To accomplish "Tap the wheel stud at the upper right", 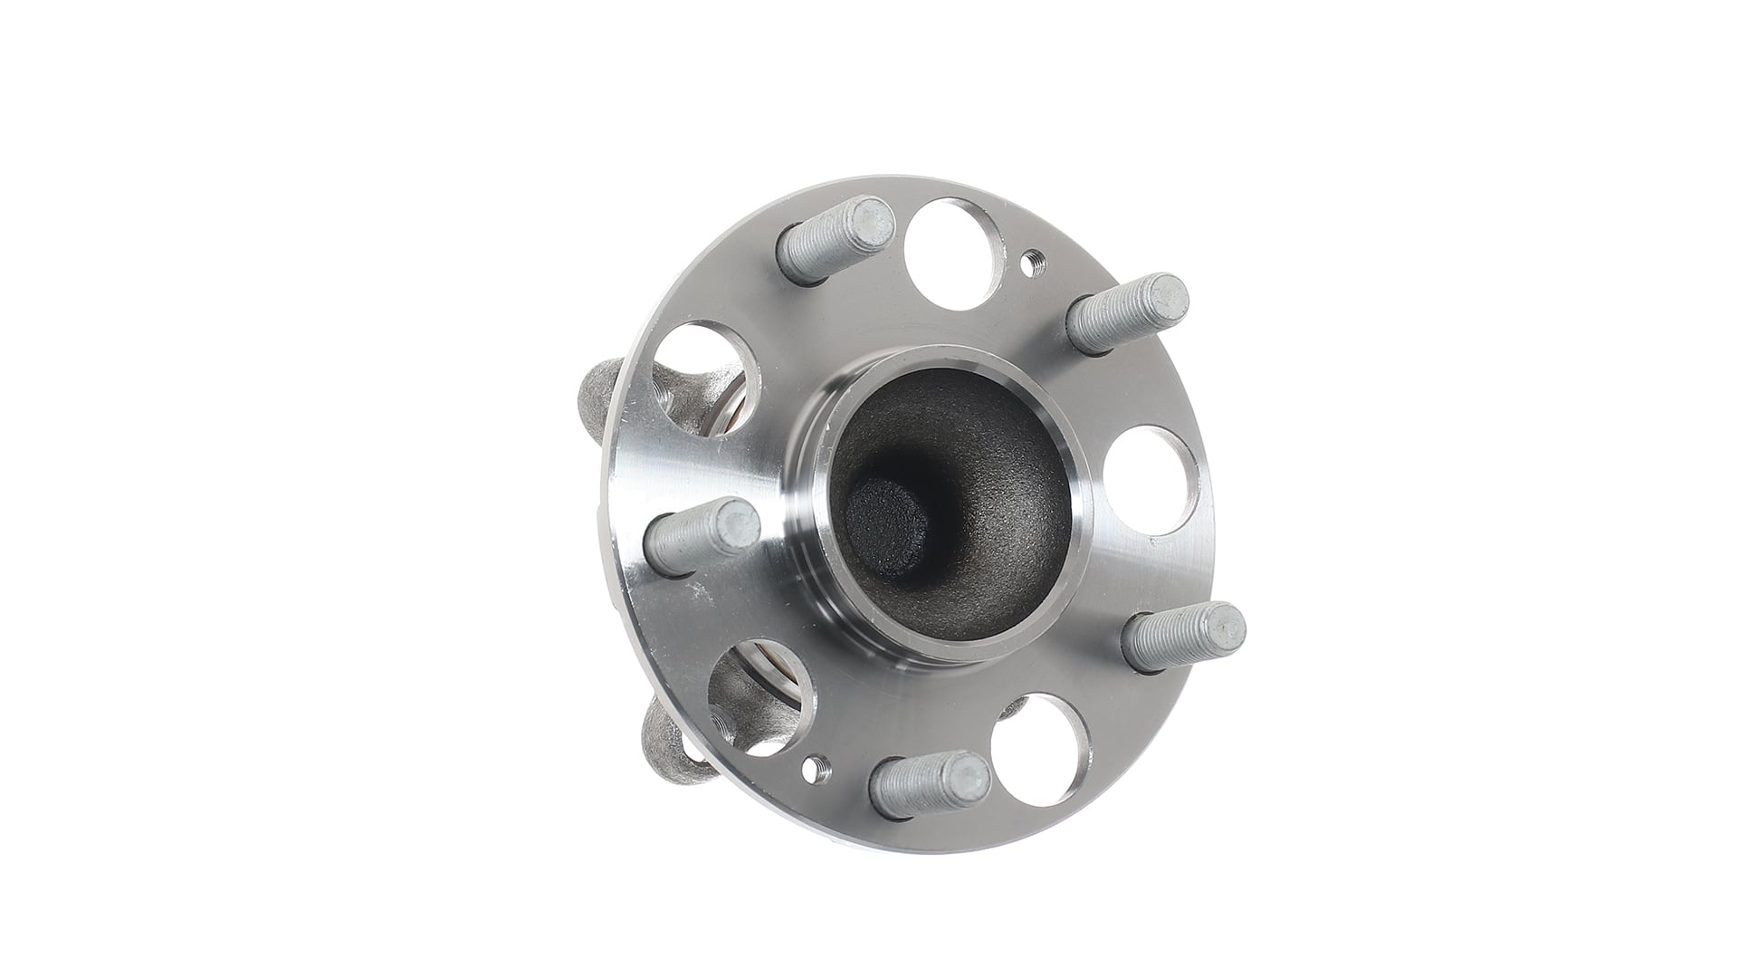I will (1128, 313).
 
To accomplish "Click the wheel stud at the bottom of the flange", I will (928, 784).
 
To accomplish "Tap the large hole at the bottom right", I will (1036, 748).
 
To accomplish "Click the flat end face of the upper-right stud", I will (1170, 295).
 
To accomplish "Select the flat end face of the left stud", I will (740, 526).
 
